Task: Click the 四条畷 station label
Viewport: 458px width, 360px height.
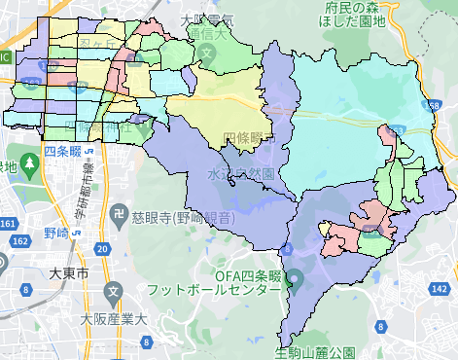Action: point(62,152)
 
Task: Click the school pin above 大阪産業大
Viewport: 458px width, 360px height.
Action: point(116,291)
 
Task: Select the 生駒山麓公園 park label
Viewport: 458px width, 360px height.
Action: point(316,351)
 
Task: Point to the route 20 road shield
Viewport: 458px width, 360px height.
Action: point(102,249)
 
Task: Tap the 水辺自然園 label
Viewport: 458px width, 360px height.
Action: point(240,172)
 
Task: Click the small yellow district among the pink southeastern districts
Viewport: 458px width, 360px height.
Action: point(372,232)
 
